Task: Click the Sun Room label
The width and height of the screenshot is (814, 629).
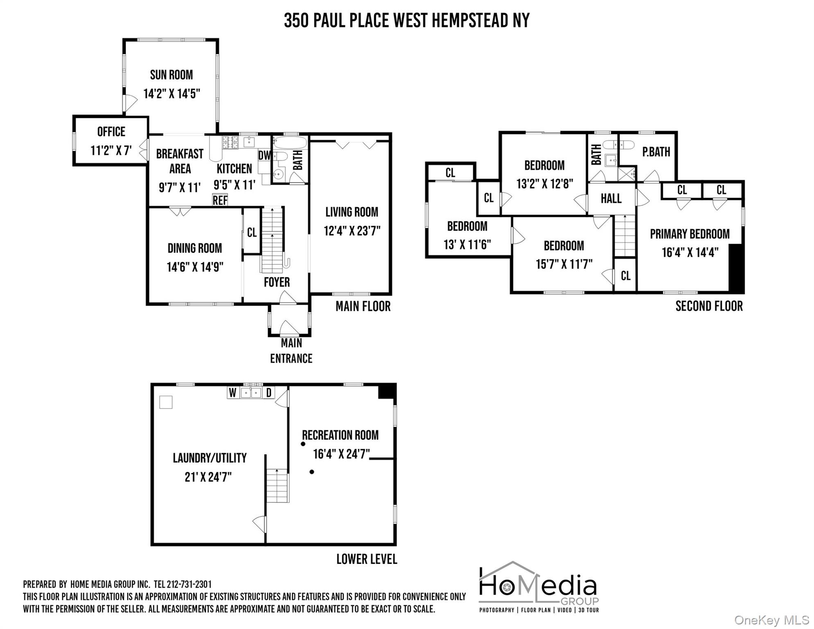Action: coord(171,75)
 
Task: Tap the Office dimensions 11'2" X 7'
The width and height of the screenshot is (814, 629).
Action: coord(111,150)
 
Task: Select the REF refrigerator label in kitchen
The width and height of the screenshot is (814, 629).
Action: coord(220,200)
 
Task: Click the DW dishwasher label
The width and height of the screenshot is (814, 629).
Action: coord(265,156)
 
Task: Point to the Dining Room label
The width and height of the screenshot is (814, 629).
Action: coord(194,248)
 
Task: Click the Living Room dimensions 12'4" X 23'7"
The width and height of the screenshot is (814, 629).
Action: coord(352,231)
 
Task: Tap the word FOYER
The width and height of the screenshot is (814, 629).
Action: coord(277,282)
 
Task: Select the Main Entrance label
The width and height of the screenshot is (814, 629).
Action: coord(291,351)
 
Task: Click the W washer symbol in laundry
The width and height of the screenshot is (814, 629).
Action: coord(233,393)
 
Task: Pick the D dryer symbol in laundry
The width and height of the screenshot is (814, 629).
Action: coord(269,393)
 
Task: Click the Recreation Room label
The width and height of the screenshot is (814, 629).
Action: coord(340,435)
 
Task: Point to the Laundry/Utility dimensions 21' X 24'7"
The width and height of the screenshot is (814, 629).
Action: coord(208,477)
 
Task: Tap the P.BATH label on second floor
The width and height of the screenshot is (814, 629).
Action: coord(656,152)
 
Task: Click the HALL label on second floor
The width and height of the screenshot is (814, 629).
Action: coord(611,199)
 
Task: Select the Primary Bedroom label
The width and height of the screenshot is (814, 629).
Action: coord(690,234)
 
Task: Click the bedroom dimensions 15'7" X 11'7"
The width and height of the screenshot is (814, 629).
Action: coord(564,264)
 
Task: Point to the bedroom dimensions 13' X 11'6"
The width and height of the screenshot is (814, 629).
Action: coord(467,244)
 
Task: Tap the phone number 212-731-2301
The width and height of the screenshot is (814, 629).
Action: coord(189,584)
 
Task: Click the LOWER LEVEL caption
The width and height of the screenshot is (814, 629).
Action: coord(366,559)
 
